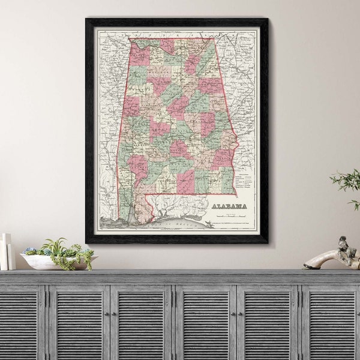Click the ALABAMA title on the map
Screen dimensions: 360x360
click(x=229, y=206)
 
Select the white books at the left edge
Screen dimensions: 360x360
click(x=5, y=252)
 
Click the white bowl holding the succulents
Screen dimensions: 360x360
click(x=42, y=262)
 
